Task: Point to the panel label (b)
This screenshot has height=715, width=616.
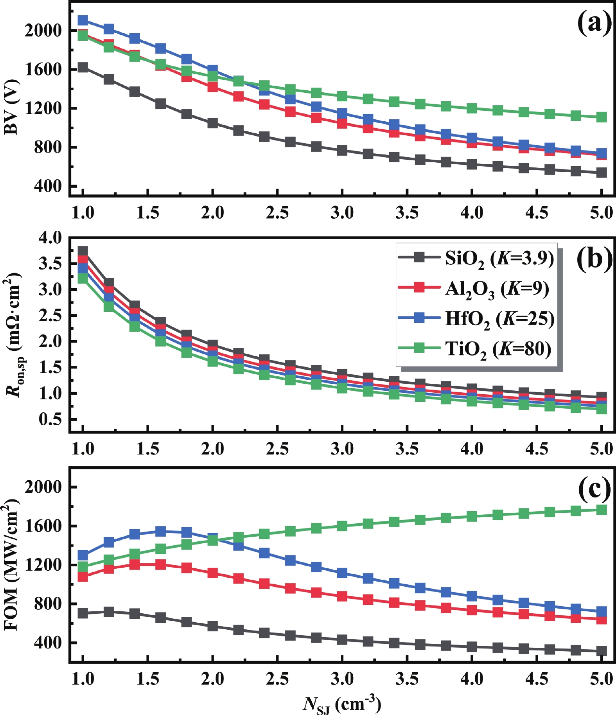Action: (x=594, y=259)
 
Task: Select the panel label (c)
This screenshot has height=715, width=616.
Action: (x=594, y=489)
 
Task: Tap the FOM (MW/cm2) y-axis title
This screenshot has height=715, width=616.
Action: (x=12, y=567)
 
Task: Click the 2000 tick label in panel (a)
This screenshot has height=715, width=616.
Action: (x=43, y=31)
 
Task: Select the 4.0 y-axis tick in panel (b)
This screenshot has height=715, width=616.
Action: (x=50, y=237)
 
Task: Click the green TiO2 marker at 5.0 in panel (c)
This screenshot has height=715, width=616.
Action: (x=602, y=510)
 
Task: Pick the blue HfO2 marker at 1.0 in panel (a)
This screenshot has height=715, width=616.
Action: (x=83, y=20)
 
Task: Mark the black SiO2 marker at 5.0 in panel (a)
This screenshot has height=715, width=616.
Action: (x=602, y=172)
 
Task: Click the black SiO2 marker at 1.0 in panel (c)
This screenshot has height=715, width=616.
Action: (x=83, y=613)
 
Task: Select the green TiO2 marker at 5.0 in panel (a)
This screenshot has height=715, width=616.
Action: (x=602, y=117)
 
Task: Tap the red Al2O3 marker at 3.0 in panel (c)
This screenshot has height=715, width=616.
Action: (x=342, y=596)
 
